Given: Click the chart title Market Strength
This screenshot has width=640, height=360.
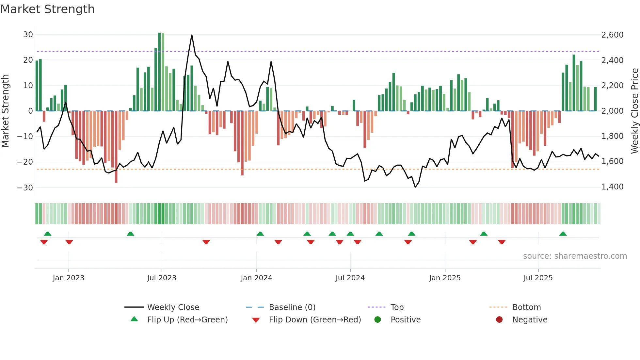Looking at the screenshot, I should pos(47,9).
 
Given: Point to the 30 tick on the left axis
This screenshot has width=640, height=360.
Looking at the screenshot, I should pos(28,35).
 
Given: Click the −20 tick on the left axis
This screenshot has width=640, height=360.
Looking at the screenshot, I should pos(25,162).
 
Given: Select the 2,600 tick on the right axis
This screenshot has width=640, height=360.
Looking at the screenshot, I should pos(612,35).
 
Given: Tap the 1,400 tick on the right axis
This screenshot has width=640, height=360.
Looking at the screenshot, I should pos(612,187).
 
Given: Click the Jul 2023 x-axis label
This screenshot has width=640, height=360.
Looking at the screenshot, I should pos(162,278).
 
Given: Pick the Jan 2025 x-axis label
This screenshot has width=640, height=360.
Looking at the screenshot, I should pos(445,278).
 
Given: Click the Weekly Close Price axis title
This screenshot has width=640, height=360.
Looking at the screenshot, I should pos(634,111).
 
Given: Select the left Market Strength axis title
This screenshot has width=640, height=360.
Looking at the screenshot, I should pos(6,111).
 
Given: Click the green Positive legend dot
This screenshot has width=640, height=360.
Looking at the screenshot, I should pos(378,320).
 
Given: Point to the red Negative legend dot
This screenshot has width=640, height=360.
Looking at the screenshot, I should pos(499,320).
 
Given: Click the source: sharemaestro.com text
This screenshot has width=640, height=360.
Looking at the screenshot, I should pos(575,256).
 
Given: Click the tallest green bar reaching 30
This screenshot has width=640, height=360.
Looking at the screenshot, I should pos(159,72).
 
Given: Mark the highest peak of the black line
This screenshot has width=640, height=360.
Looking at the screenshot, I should pos(192,35).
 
